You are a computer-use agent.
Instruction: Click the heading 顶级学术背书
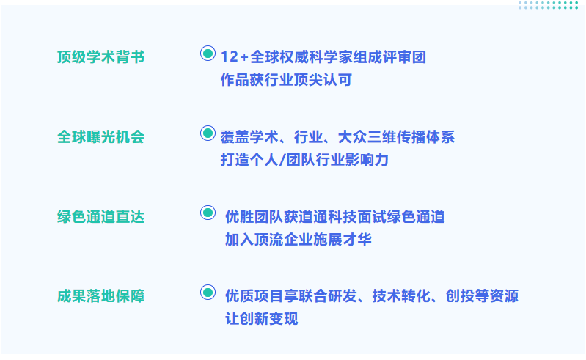click(x=100, y=57)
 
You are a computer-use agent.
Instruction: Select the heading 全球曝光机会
click(x=100, y=137)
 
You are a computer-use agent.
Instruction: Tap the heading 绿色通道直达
click(x=100, y=217)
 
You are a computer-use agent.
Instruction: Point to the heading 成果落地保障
click(x=100, y=296)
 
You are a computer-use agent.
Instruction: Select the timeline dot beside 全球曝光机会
click(x=208, y=133)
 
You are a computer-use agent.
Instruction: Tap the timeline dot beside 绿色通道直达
click(x=208, y=213)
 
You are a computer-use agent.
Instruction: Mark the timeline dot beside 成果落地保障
click(x=208, y=293)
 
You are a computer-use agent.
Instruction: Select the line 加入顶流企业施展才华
click(x=298, y=239)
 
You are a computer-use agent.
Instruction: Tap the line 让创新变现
click(x=262, y=319)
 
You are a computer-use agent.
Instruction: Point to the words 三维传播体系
click(x=421, y=137)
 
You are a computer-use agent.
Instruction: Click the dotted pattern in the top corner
click(x=548, y=6)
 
